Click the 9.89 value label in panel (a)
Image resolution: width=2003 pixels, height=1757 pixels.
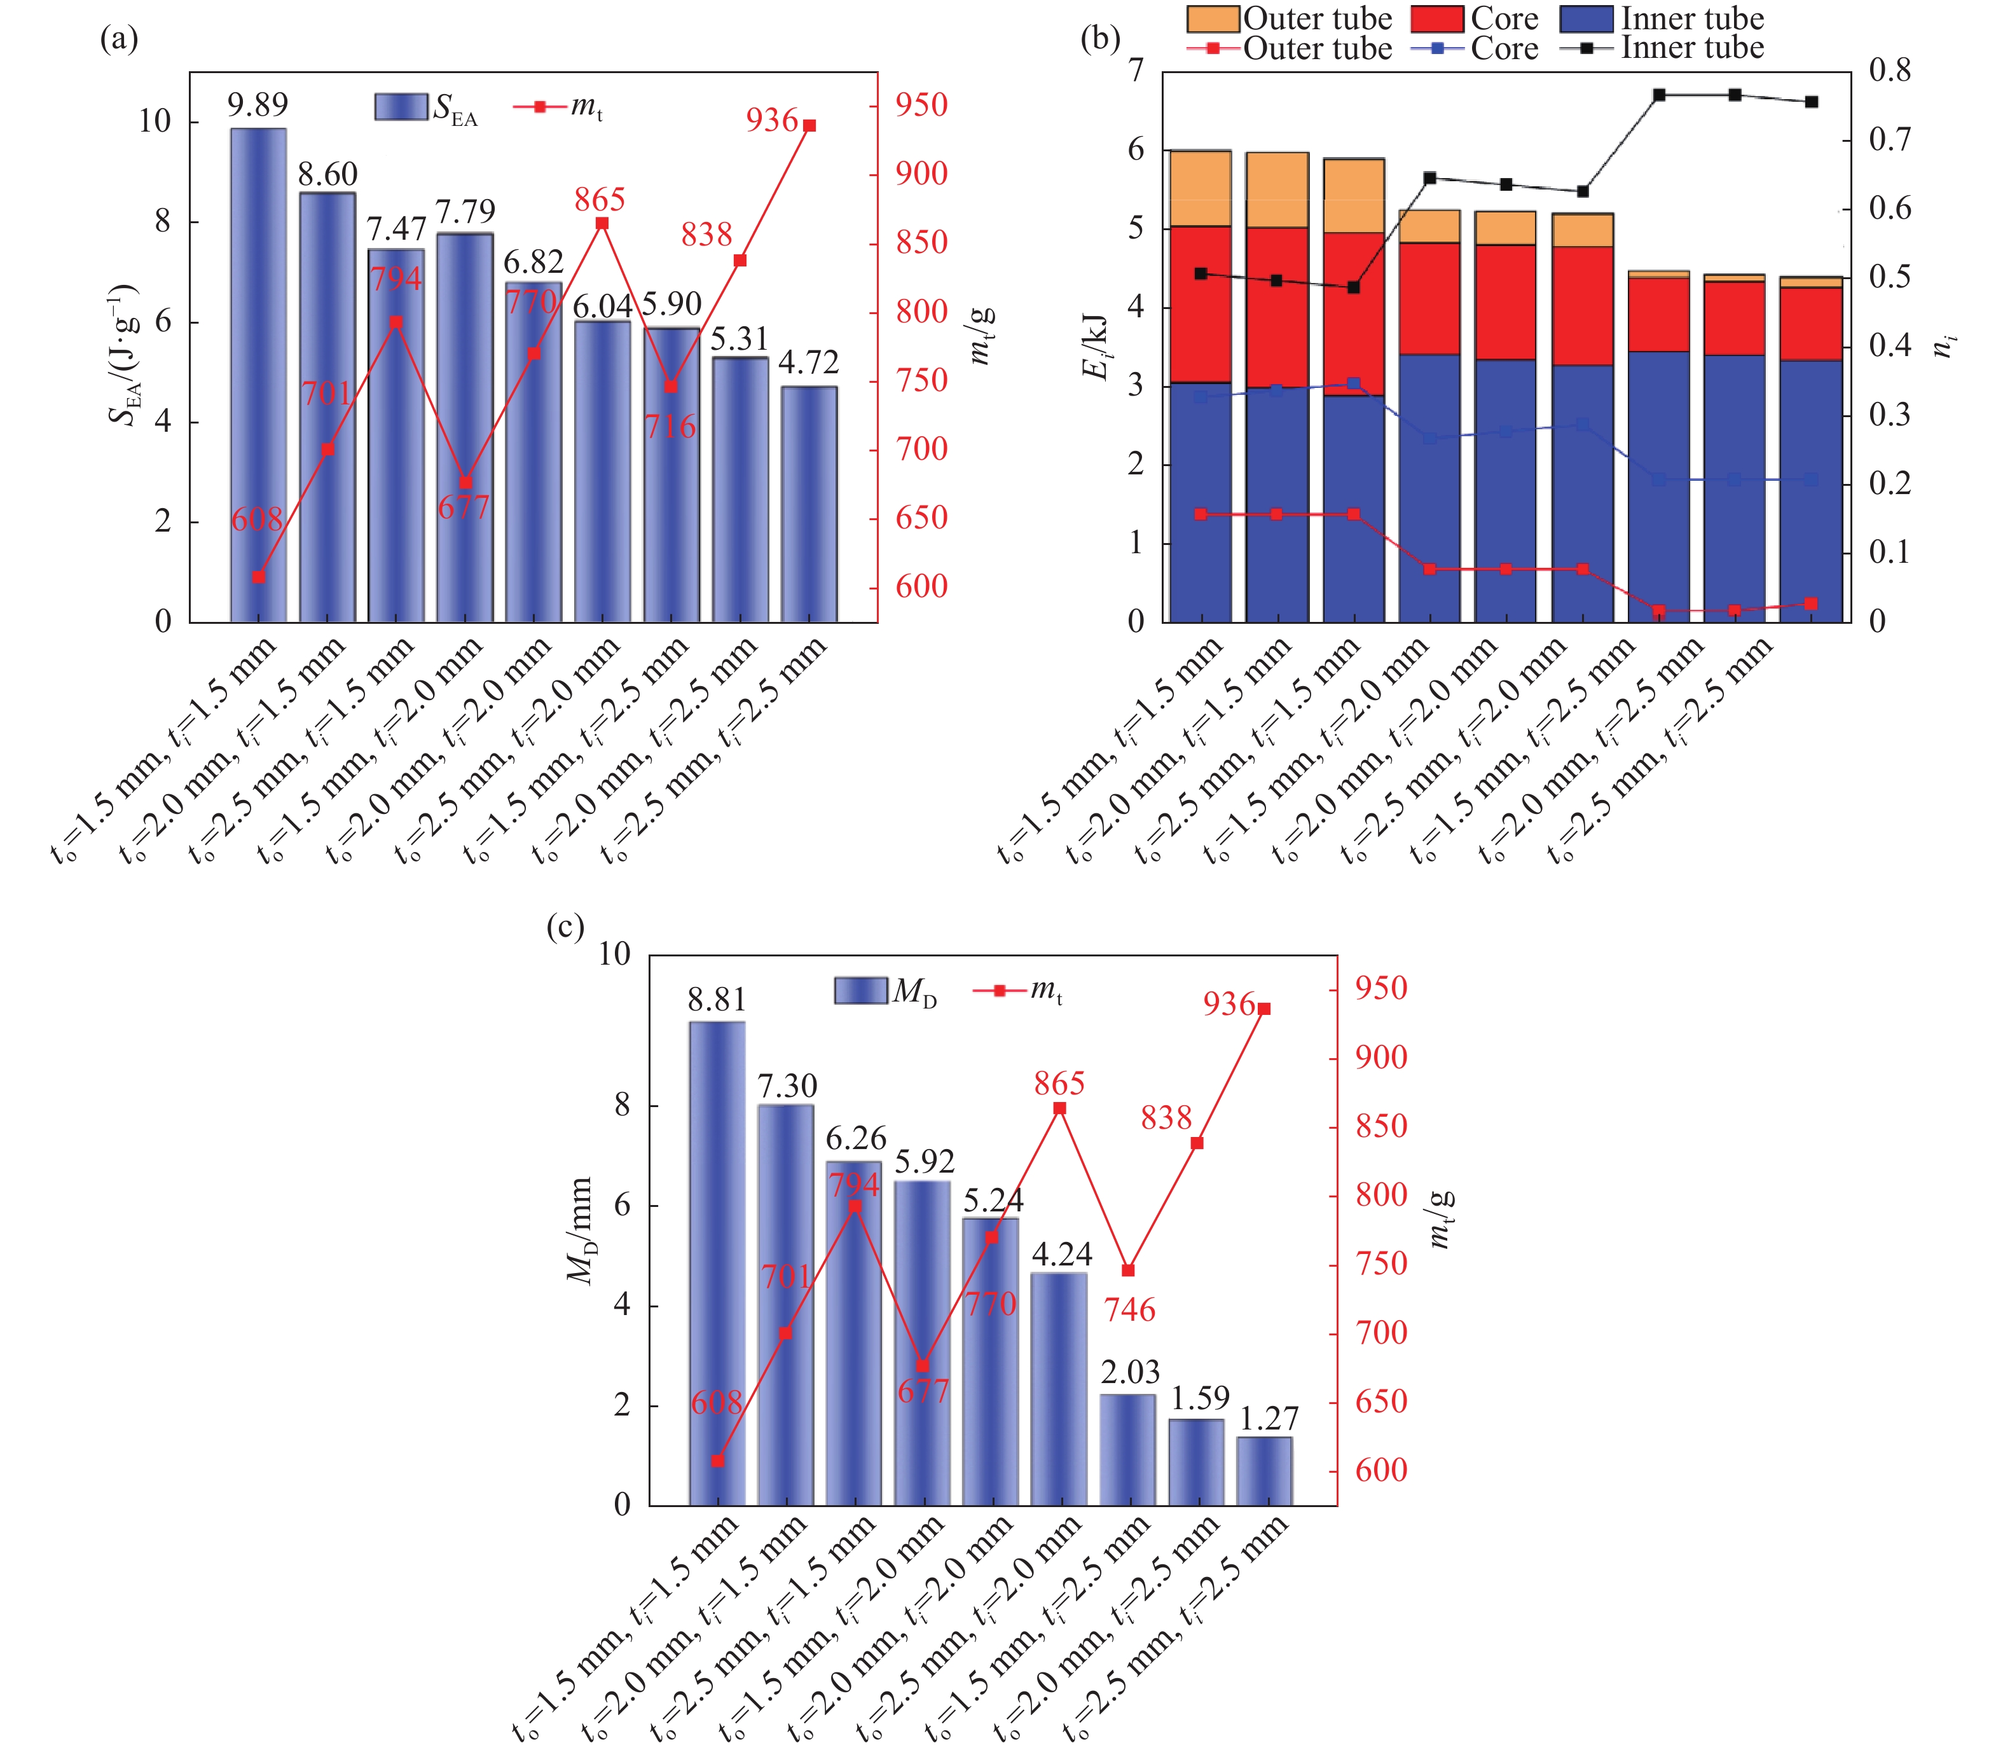point(258,105)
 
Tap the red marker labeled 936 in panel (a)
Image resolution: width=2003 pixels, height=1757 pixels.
point(809,125)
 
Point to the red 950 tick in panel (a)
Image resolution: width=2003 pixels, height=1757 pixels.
point(921,105)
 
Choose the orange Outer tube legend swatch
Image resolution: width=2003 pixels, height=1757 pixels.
point(1212,18)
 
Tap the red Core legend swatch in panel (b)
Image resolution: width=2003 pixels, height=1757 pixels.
point(1438,18)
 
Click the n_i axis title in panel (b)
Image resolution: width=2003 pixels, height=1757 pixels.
point(1944,345)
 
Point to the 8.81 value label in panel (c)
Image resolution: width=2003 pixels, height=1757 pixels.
point(717,1000)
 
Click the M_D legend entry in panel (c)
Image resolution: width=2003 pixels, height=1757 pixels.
point(886,991)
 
